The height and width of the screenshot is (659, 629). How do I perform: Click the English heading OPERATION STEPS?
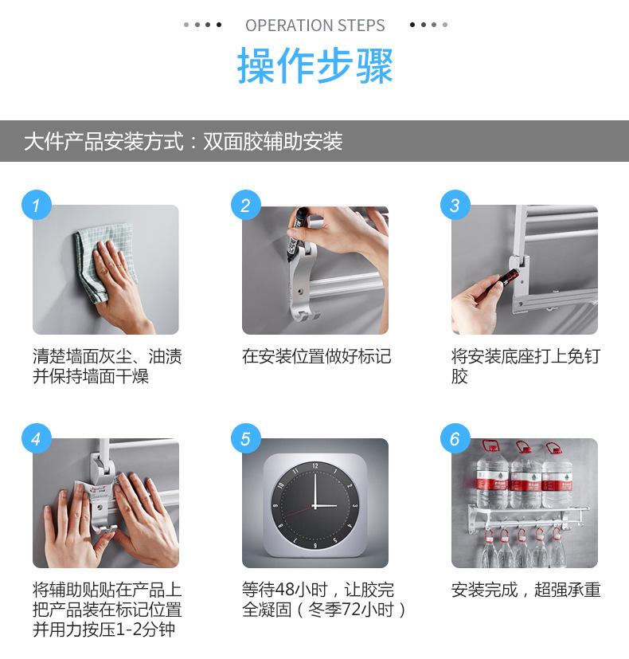[x=315, y=25]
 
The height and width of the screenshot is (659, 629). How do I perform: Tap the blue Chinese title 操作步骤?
[x=315, y=65]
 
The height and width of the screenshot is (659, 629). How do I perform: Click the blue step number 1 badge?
[x=37, y=205]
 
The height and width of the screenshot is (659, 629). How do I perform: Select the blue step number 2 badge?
[x=246, y=205]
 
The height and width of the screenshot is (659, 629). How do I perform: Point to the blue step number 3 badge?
[x=455, y=205]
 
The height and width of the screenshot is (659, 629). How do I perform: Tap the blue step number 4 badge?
[x=37, y=439]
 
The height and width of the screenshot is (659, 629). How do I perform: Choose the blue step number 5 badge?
[x=246, y=439]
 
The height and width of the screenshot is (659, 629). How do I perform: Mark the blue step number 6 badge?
[x=455, y=439]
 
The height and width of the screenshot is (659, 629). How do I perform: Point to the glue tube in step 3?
[x=503, y=280]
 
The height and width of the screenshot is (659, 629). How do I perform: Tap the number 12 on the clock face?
[x=315, y=465]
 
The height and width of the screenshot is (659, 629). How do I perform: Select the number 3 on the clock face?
[x=355, y=505]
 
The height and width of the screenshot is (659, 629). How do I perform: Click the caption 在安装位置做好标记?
[x=316, y=356]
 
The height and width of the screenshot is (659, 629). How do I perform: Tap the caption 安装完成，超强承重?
[x=525, y=590]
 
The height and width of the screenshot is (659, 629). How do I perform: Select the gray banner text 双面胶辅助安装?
[x=273, y=141]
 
